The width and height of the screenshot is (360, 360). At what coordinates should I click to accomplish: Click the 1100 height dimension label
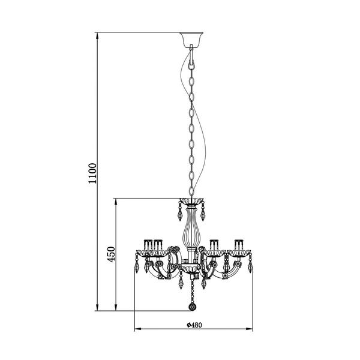click(x=92, y=173)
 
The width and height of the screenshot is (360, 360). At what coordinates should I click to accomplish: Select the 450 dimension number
click(x=110, y=256)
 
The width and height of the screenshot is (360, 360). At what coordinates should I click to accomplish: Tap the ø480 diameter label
click(x=193, y=325)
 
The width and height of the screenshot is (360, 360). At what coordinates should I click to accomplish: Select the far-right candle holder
click(x=240, y=246)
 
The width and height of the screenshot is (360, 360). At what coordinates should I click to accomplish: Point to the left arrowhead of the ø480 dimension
click(x=135, y=329)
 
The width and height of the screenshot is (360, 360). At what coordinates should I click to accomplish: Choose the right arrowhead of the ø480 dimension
click(x=251, y=329)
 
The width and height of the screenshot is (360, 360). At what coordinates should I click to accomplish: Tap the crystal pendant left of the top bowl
click(x=178, y=212)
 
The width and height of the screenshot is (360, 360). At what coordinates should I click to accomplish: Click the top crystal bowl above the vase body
click(x=191, y=200)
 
